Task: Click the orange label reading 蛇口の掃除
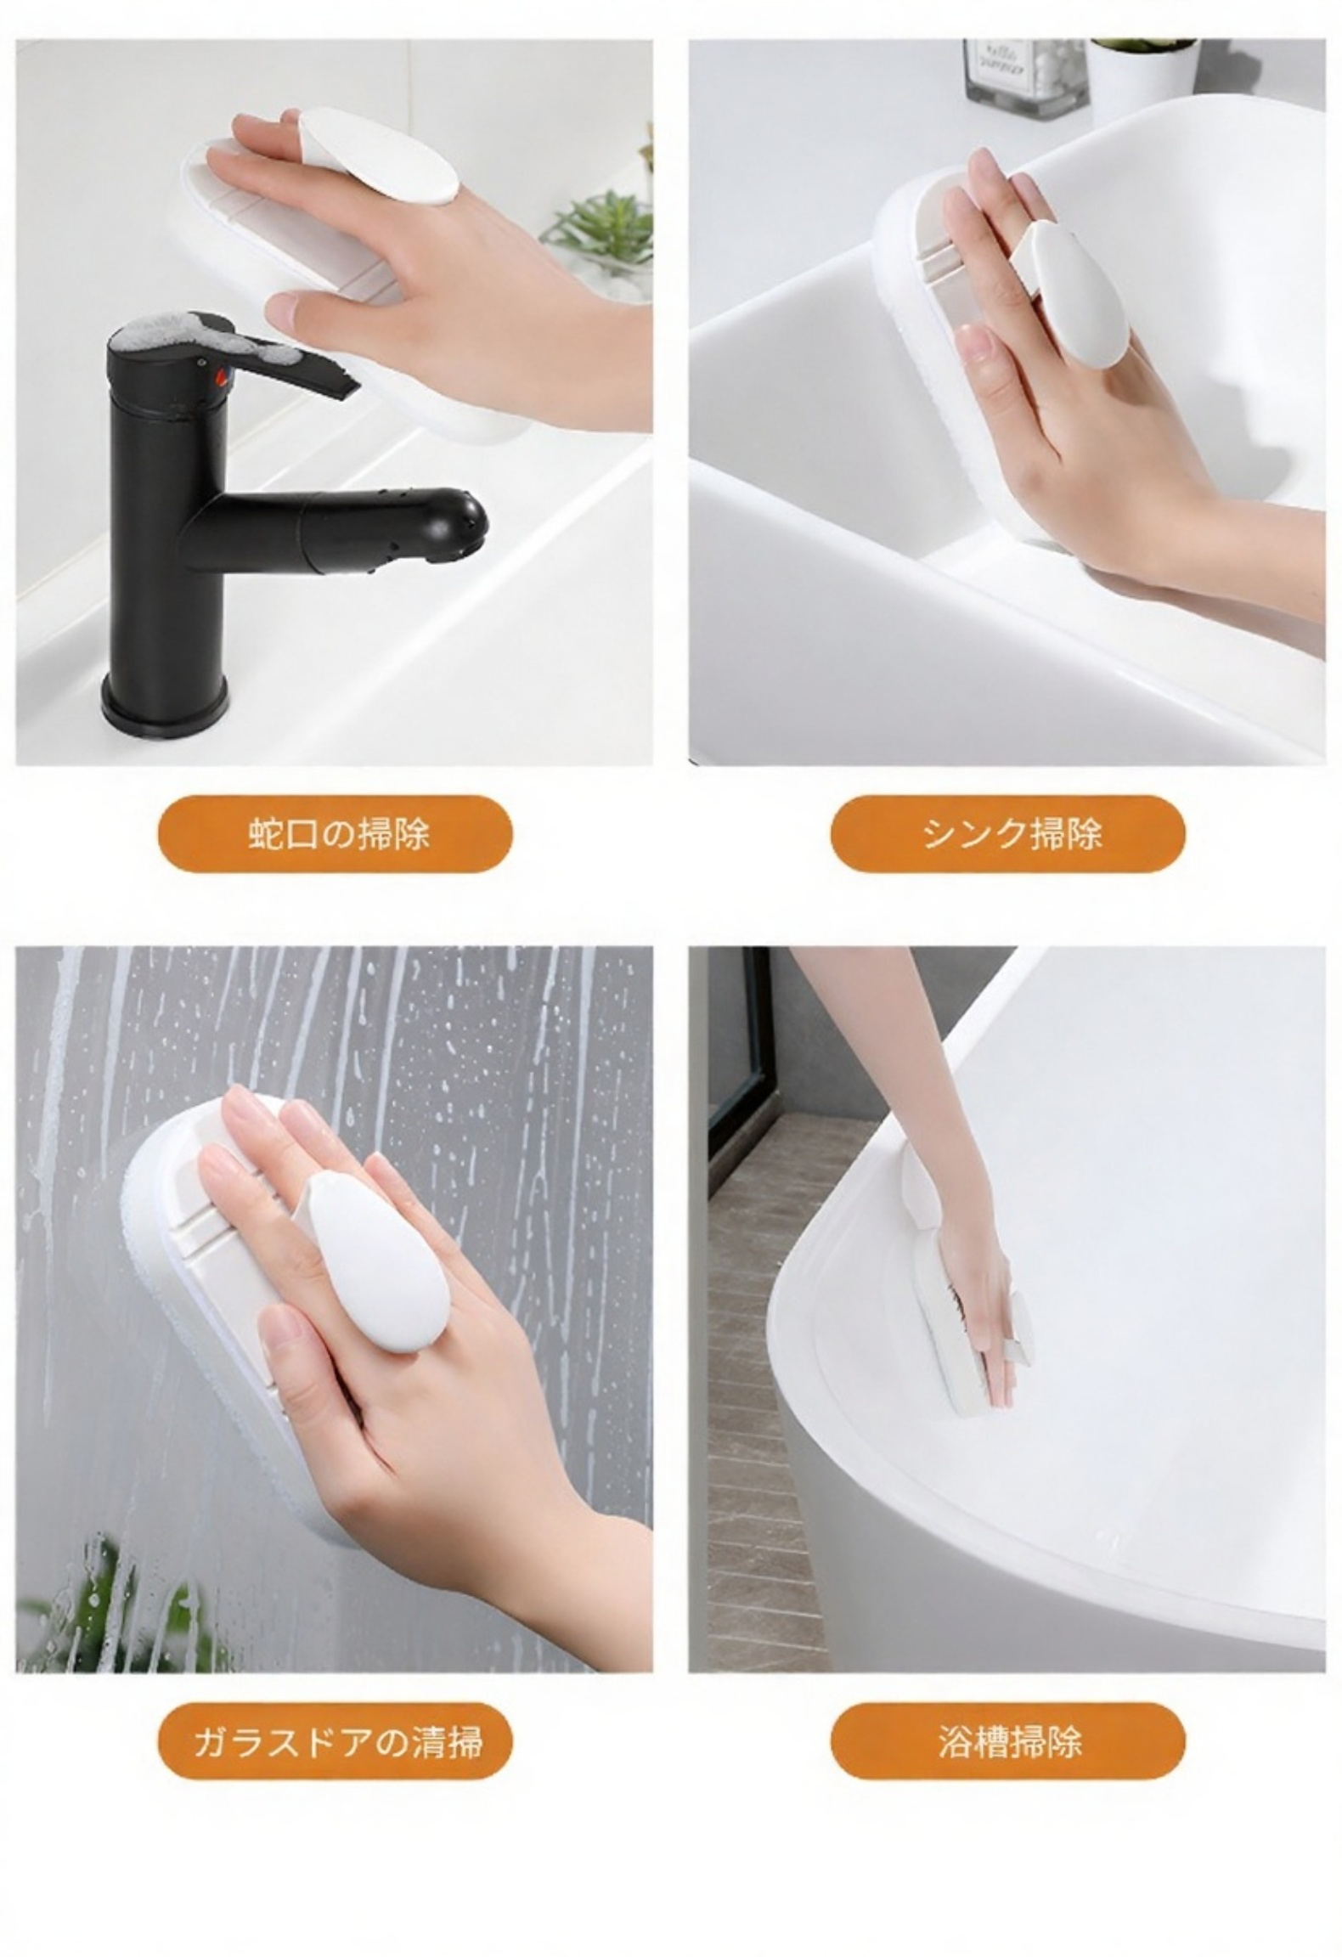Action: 335,833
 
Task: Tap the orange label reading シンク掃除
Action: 1007,833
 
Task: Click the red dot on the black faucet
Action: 223,375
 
